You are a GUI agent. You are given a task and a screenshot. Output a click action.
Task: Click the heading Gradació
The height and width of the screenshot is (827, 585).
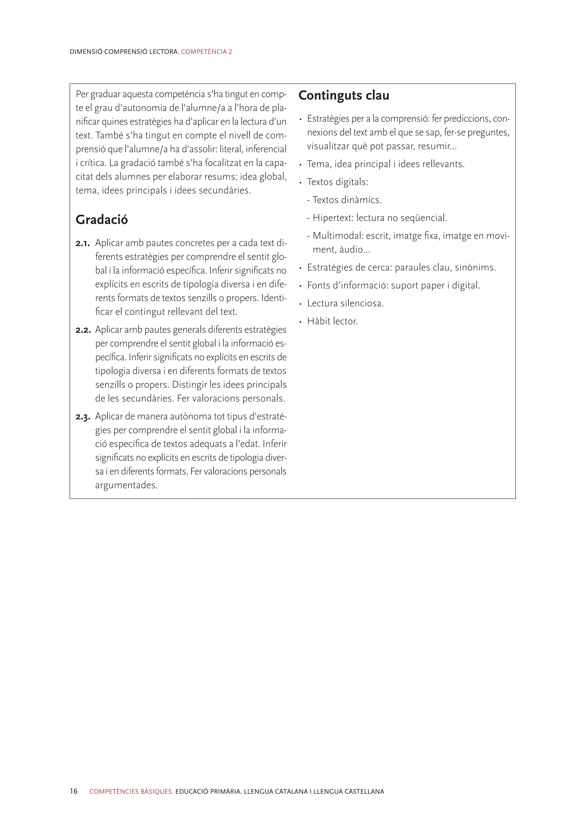[102, 220]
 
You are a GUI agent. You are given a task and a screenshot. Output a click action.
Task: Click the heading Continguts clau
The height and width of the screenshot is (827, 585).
[344, 95]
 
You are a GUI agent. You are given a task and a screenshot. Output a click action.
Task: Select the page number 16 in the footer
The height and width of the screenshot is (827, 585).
[73, 791]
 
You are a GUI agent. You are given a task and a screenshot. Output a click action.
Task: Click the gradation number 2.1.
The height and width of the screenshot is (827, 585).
[83, 244]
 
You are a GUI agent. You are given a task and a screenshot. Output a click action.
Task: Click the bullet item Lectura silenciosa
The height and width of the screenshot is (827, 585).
[345, 304]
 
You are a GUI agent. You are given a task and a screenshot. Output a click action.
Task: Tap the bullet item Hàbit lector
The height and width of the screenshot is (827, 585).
[332, 321]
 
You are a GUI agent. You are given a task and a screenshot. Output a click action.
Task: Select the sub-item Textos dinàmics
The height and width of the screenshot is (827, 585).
[346, 200]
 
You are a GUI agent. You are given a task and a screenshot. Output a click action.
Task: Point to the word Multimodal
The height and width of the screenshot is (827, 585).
[338, 236]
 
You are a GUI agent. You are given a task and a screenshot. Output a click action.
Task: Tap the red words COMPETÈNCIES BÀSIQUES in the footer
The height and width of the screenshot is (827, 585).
[131, 792]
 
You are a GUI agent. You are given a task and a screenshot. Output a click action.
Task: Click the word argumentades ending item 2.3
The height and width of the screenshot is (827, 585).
[126, 485]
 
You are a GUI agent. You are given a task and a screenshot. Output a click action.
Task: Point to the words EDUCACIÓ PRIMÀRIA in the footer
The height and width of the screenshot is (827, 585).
[208, 792]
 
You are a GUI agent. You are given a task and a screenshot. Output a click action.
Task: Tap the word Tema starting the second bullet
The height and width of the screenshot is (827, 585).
[318, 164]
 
